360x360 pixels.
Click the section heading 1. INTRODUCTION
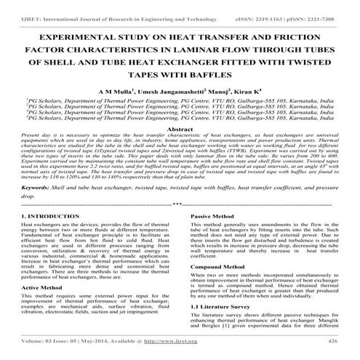tap(48, 217)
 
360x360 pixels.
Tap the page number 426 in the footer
tap(333, 339)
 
